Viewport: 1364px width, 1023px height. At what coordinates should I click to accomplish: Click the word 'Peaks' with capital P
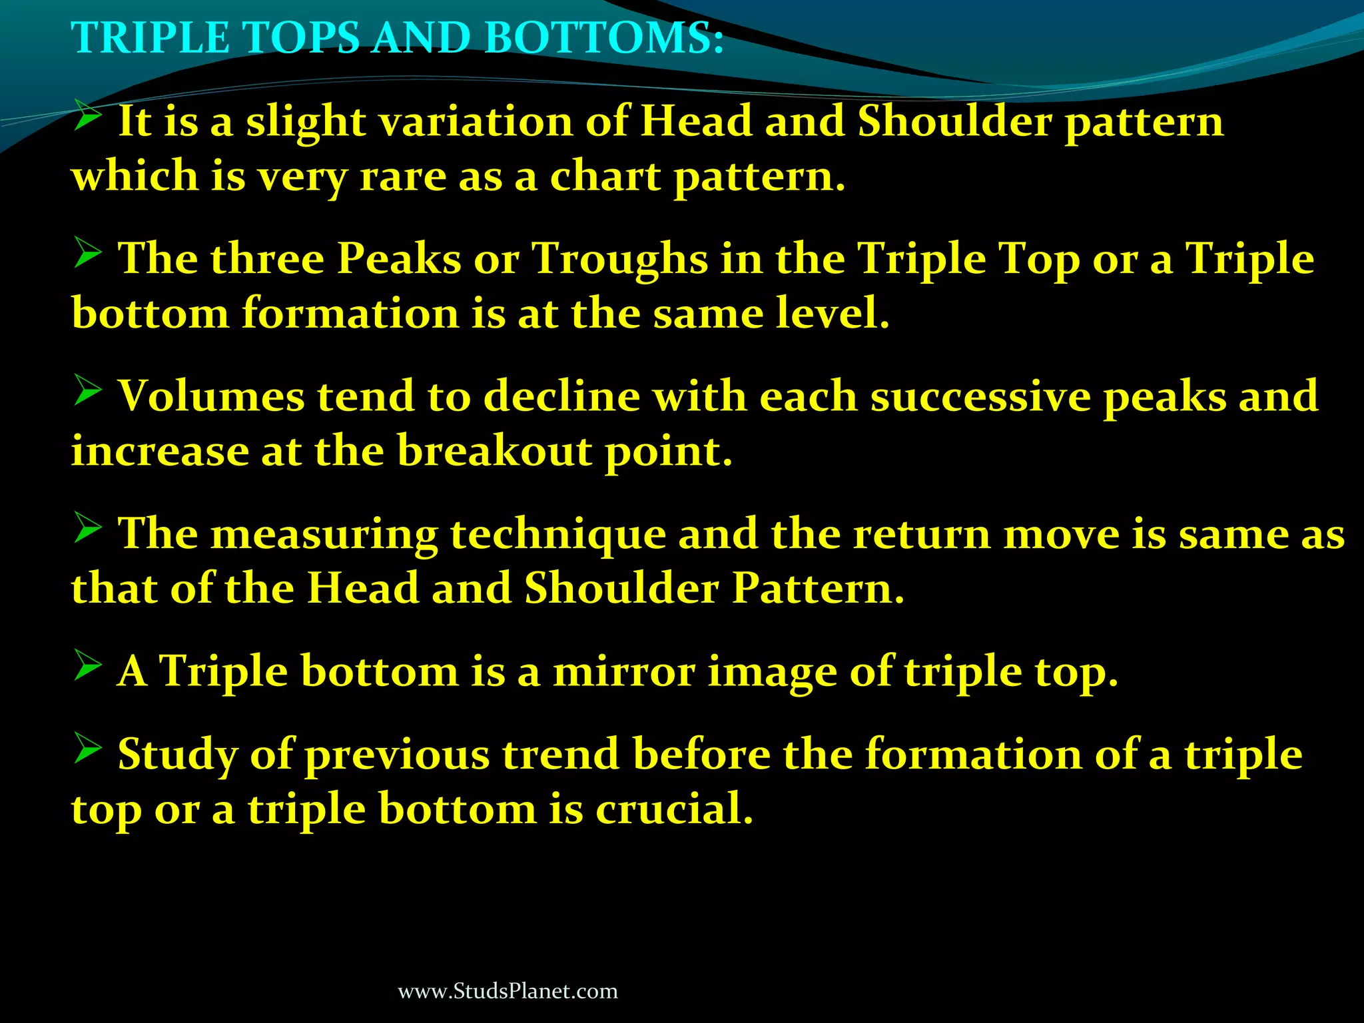(x=399, y=259)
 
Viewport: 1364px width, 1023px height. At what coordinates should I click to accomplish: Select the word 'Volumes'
(x=211, y=397)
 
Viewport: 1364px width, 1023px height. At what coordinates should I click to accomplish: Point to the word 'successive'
(x=980, y=397)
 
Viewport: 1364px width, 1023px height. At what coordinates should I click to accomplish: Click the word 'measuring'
(x=324, y=535)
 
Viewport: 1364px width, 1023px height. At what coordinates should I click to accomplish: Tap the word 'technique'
(x=558, y=535)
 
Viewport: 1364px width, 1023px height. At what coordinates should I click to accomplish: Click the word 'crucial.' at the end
(x=674, y=809)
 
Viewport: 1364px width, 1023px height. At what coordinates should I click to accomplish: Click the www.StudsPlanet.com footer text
(x=508, y=992)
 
